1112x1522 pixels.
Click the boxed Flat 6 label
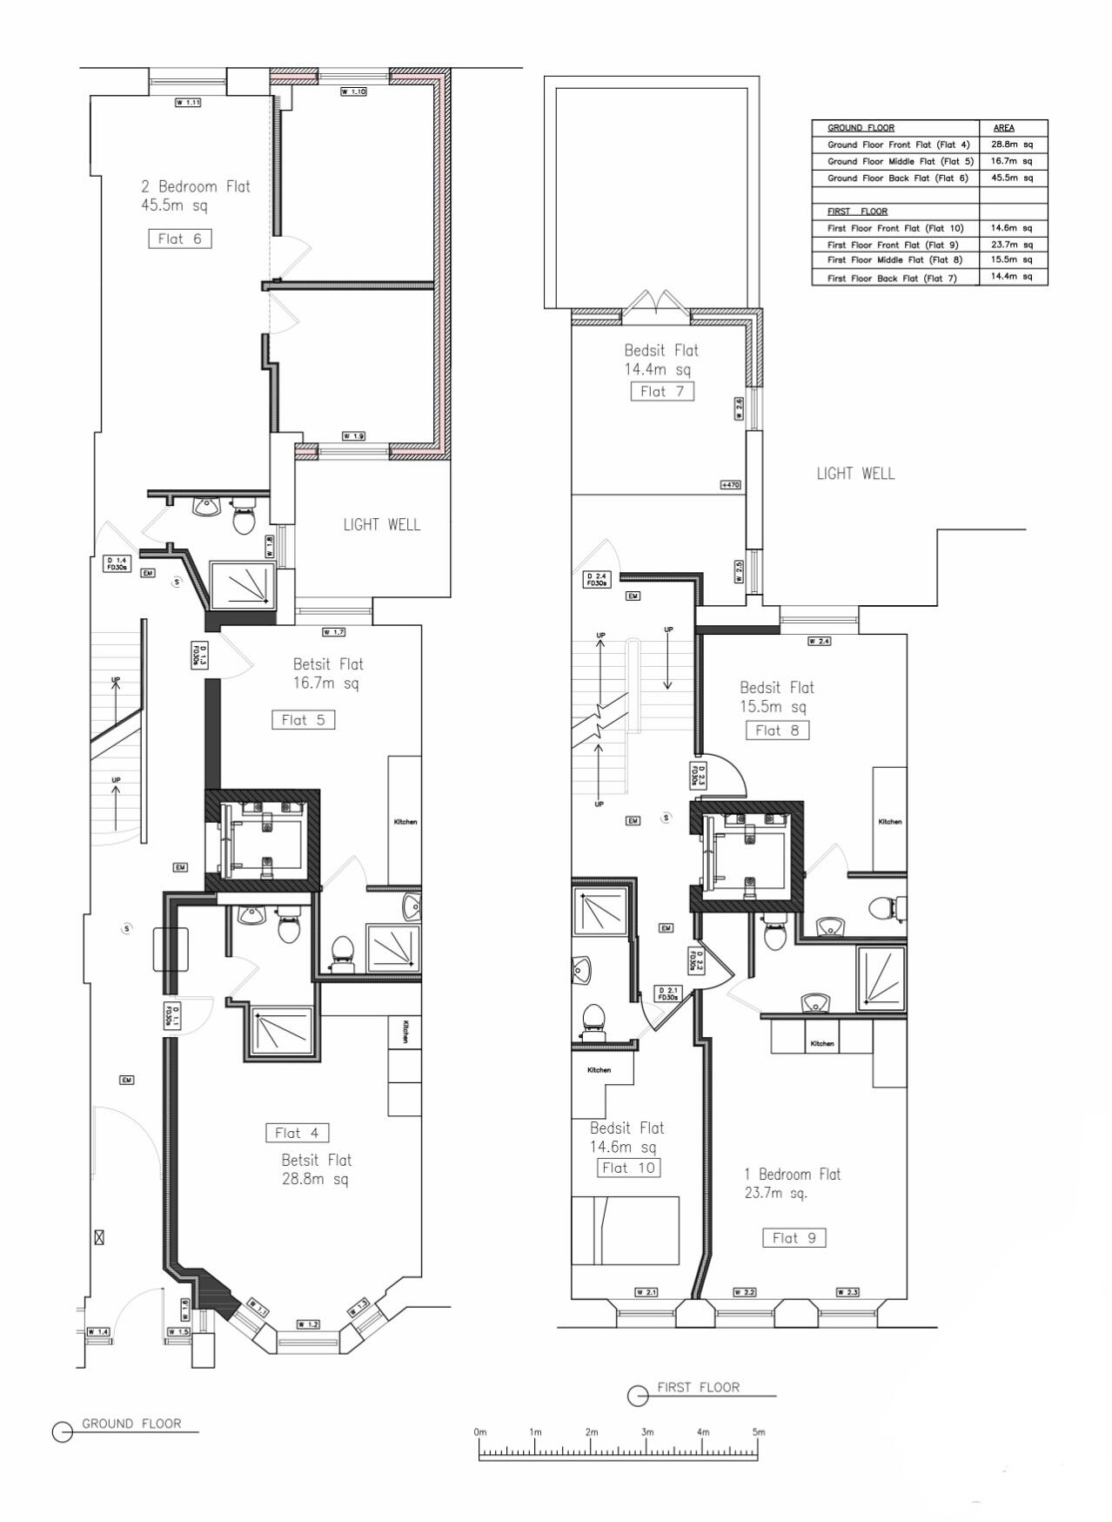tap(179, 239)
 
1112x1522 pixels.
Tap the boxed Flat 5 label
tap(303, 720)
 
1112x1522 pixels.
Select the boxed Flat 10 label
tap(628, 1168)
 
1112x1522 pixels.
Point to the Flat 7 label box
tap(662, 392)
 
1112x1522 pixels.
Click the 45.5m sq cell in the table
tap(1013, 178)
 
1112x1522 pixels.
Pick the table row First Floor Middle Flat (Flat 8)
tap(894, 260)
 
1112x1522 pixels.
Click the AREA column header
tap(1004, 128)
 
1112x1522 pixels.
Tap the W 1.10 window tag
tap(352, 91)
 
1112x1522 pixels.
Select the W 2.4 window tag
tap(820, 642)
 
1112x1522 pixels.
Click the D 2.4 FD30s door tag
tap(596, 580)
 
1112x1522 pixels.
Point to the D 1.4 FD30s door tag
tap(117, 563)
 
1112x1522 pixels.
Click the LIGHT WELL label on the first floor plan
tap(855, 475)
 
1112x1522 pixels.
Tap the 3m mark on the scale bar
tap(646, 1432)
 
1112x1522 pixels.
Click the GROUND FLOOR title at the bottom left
tap(131, 1424)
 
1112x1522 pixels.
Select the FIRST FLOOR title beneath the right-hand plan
tap(698, 1388)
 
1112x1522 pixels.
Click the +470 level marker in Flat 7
tap(730, 485)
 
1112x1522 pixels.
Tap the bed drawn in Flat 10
tap(625, 1230)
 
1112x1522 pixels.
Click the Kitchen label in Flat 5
tap(405, 822)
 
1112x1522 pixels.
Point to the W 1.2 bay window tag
tap(308, 1324)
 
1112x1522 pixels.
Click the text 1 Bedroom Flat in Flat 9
tap(793, 1175)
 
